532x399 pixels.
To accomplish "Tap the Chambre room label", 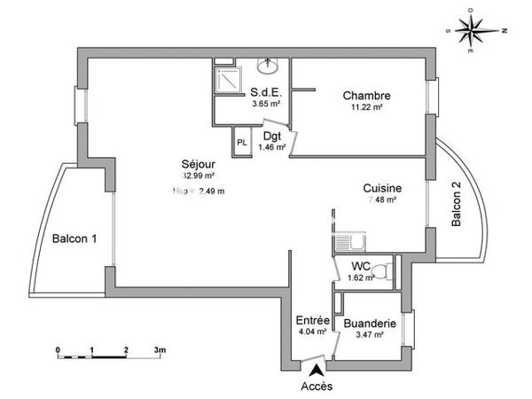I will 367,96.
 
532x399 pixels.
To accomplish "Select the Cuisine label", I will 382,188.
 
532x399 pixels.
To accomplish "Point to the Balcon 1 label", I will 74,239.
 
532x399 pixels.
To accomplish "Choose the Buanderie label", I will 369,324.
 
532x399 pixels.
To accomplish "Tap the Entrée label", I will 312,320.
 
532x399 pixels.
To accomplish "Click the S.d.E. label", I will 265,91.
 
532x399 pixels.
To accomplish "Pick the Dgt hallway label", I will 272,137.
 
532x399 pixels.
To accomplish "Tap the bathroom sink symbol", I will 267,66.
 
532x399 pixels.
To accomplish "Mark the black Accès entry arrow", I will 317,371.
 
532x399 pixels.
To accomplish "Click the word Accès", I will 317,387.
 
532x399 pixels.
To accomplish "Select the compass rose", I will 477,29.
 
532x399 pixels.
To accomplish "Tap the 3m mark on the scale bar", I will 160,351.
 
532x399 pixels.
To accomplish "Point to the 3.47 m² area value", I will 369,335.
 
